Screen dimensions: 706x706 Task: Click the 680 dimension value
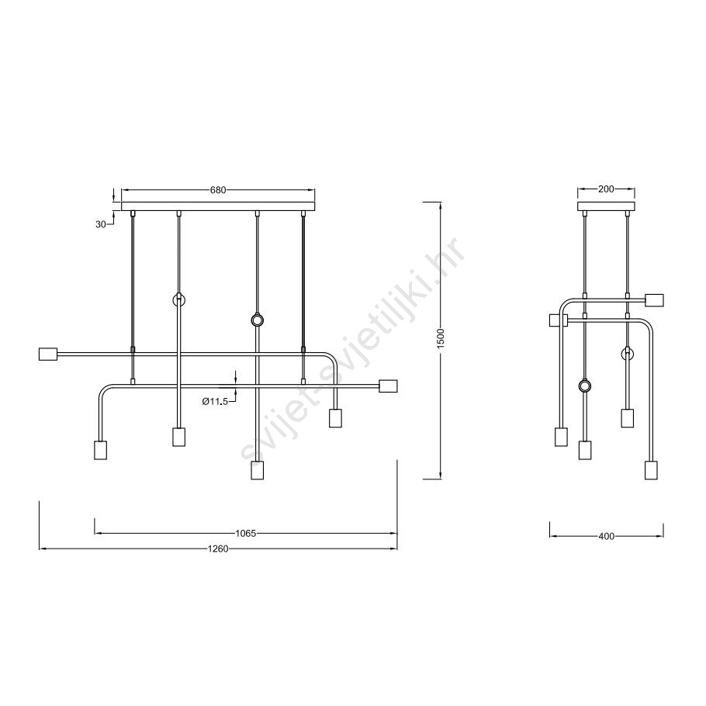[218, 190]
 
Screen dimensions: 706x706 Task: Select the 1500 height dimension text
[441, 337]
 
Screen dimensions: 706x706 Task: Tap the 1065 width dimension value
[245, 534]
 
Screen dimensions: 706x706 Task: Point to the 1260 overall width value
[218, 549]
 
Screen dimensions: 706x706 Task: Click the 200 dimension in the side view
[606, 189]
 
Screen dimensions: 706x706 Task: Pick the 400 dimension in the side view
[607, 536]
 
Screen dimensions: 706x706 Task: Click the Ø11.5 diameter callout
[215, 402]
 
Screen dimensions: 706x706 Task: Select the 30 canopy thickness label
[100, 224]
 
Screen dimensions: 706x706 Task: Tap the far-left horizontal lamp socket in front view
[48, 354]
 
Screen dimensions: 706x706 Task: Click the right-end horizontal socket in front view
[388, 386]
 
